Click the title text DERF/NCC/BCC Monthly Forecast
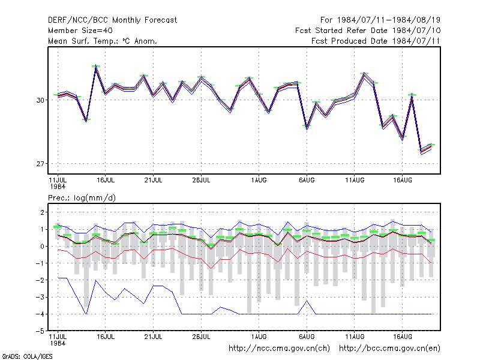pos(112,20)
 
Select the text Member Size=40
pos(80,31)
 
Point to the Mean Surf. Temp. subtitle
pos(103,41)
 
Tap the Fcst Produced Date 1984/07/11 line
pos(376,41)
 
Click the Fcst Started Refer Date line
pos(368,31)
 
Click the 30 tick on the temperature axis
pos(40,100)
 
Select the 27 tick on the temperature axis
pos(40,164)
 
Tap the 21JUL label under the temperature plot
pos(153,180)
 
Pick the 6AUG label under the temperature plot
pos(307,180)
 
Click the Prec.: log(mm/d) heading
pos(82,198)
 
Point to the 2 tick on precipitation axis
pos(42,212)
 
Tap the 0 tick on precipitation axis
pos(42,247)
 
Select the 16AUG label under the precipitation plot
pos(402,337)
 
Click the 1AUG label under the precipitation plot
pos(259,337)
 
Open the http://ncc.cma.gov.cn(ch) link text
pos(279,349)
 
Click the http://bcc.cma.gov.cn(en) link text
pos(389,349)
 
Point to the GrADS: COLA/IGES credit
pos(27,356)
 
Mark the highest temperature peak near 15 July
pos(96,65)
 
